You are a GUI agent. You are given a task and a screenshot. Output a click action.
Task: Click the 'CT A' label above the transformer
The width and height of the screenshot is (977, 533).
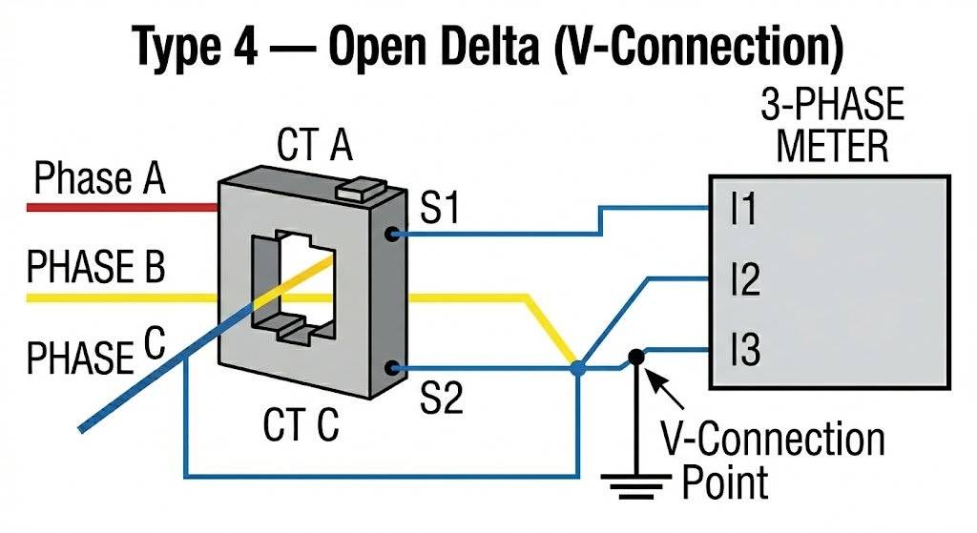pyautogui.click(x=315, y=148)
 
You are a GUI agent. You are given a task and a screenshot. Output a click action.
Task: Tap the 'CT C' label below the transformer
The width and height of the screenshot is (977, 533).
pyautogui.click(x=301, y=424)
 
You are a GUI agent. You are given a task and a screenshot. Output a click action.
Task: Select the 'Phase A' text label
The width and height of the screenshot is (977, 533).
pyautogui.click(x=99, y=178)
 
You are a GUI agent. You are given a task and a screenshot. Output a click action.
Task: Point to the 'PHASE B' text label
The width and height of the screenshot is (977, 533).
pyautogui.click(x=95, y=268)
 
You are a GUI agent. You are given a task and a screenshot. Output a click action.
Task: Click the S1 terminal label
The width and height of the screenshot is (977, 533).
pyautogui.click(x=440, y=208)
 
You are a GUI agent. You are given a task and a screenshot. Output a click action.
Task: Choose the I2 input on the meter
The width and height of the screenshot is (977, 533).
pyautogui.click(x=744, y=281)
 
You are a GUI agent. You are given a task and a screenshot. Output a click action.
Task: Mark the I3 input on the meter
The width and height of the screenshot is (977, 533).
pyautogui.click(x=744, y=352)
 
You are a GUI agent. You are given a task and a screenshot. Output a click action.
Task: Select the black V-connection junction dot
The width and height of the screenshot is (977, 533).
pyautogui.click(x=634, y=357)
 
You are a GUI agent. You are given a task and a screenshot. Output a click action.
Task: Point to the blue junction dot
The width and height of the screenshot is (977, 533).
pyautogui.click(x=576, y=367)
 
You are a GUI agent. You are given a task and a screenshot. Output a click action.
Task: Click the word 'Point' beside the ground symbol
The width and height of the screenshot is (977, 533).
pyautogui.click(x=724, y=482)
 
